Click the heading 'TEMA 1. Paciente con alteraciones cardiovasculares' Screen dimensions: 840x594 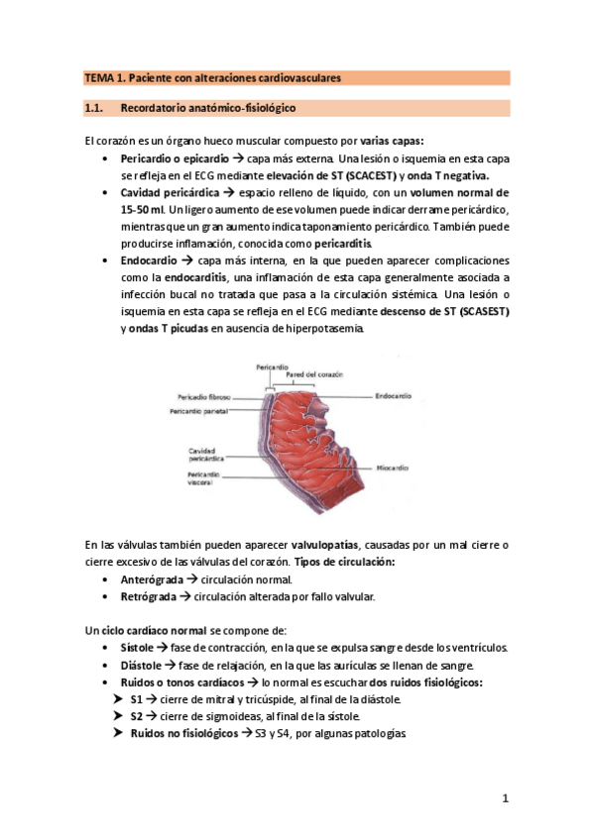tap(212, 76)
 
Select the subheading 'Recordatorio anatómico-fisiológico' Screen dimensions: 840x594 tap(207, 106)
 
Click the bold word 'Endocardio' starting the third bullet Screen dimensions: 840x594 tap(153, 261)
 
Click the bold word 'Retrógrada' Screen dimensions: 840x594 tap(149, 596)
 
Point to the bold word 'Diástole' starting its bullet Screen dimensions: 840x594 tap(141, 665)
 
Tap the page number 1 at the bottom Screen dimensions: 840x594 tap(505, 798)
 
